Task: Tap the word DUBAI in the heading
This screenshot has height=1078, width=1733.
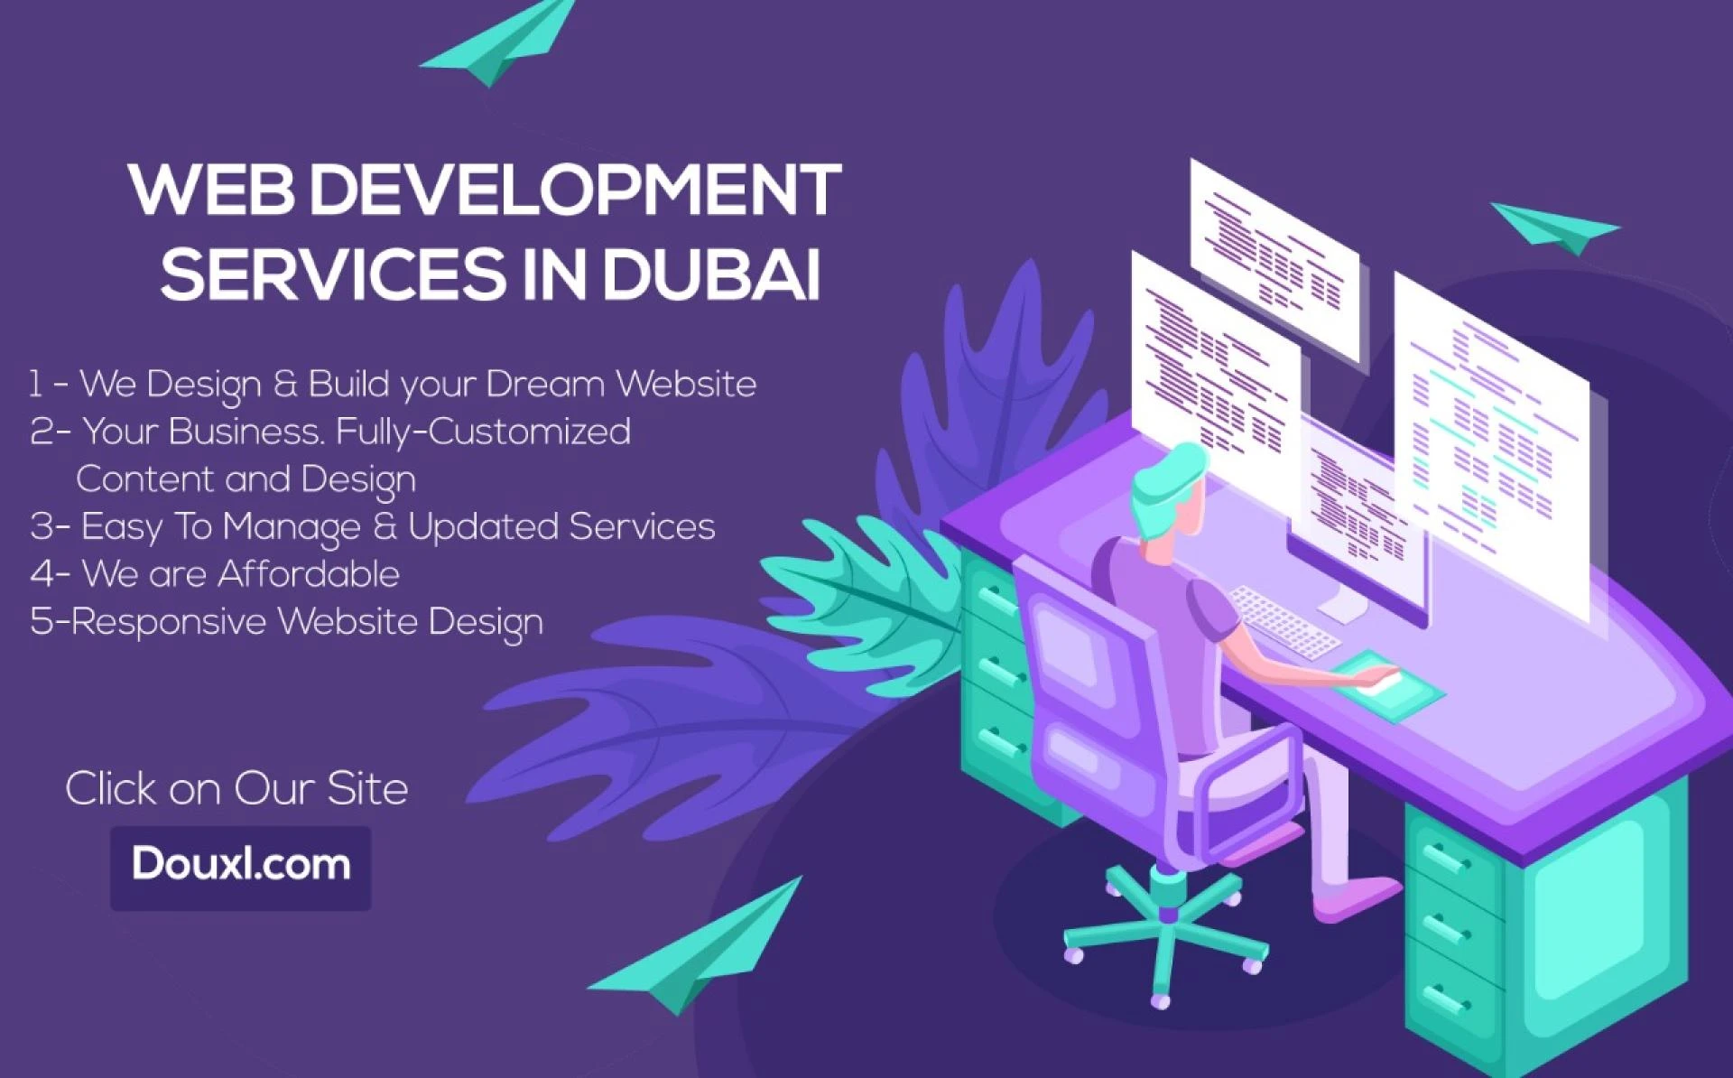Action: pos(712,274)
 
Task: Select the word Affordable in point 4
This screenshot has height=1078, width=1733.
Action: pos(309,574)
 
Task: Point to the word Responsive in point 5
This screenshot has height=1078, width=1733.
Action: pos(169,622)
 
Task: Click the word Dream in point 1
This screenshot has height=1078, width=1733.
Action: pos(545,385)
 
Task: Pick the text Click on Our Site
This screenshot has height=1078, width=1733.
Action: pos(236,788)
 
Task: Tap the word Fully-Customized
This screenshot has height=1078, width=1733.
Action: pos(483,432)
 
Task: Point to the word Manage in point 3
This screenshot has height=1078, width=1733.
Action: pos(291,527)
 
